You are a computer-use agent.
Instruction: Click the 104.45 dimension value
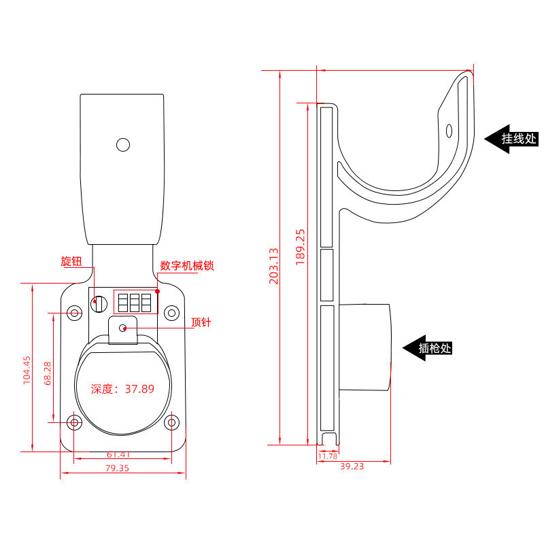(27, 370)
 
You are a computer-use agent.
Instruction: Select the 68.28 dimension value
(48, 373)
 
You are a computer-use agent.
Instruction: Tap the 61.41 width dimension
(118, 454)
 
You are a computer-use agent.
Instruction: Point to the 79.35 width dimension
(117, 468)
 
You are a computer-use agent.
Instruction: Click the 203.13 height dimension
(274, 266)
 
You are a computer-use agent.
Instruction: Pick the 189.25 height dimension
(301, 248)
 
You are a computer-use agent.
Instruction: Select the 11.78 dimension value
(328, 456)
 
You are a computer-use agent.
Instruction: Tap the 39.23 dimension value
(352, 466)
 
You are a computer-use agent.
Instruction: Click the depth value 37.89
(139, 389)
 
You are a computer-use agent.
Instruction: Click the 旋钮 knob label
(71, 261)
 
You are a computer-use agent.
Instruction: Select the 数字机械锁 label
(187, 266)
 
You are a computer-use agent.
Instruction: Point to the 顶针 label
(201, 322)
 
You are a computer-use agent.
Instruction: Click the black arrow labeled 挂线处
(511, 139)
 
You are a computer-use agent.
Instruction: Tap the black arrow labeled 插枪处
(428, 348)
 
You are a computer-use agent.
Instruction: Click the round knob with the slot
(99, 304)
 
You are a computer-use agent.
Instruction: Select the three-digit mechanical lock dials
(135, 303)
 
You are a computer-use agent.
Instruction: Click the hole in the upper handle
(123, 145)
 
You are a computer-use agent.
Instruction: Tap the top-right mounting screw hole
(171, 313)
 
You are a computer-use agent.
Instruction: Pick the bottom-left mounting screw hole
(74, 422)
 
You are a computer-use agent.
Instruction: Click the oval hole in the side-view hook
(449, 131)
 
